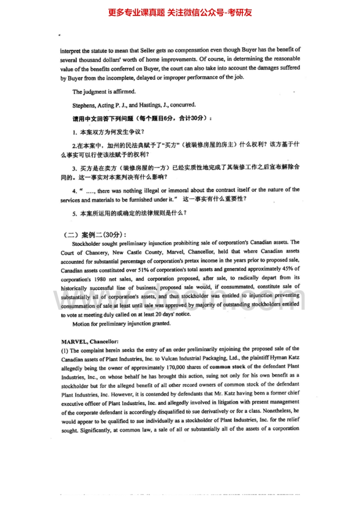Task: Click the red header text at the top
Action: point(180,12)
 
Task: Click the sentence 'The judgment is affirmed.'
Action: point(97,91)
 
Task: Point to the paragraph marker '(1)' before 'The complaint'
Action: point(64,350)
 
